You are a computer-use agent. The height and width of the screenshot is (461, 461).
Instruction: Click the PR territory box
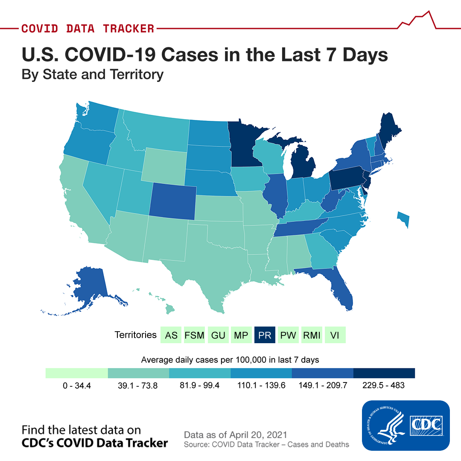265,335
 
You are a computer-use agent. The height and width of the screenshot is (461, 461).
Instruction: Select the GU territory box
218,335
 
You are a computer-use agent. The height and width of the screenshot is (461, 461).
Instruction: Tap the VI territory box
335,335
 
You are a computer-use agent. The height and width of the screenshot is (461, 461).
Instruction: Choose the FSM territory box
194,335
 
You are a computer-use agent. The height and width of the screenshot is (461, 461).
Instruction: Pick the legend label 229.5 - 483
383,385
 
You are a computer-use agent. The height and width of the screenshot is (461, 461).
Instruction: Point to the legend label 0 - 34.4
77,385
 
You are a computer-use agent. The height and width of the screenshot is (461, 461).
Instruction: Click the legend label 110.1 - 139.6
261,385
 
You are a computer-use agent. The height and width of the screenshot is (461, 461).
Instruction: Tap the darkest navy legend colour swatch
384,373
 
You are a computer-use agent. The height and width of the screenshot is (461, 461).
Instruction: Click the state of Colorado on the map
172,201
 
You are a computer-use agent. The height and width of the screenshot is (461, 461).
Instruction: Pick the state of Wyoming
164,166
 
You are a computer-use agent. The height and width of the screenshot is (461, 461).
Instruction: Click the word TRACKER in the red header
128,29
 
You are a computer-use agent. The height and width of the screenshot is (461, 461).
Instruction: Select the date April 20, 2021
258,435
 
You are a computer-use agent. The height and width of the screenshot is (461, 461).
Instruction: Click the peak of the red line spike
429,11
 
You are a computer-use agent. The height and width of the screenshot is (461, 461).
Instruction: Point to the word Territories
136,335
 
